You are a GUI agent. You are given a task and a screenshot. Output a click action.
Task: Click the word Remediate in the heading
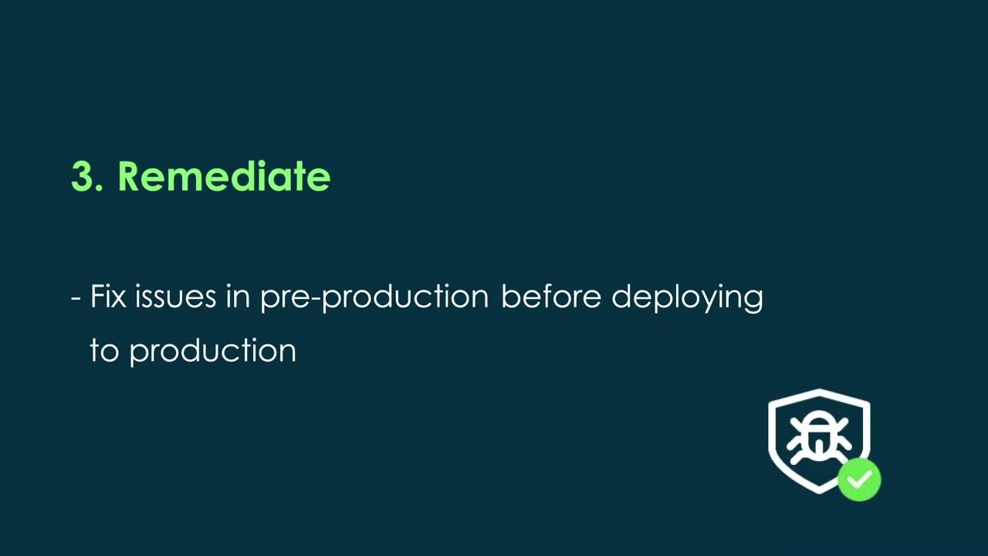(x=224, y=176)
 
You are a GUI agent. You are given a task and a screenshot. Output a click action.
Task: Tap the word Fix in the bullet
(x=108, y=296)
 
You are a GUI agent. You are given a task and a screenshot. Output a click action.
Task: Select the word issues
(x=175, y=296)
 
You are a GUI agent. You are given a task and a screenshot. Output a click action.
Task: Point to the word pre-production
(x=374, y=298)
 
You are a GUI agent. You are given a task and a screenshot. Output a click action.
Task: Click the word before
(x=551, y=296)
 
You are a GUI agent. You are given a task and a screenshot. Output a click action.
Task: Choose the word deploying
(x=687, y=298)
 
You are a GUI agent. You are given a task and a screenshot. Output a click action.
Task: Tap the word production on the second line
(x=212, y=351)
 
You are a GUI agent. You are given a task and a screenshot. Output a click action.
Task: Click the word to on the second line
(x=104, y=351)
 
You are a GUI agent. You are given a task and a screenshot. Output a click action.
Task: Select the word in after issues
(x=239, y=296)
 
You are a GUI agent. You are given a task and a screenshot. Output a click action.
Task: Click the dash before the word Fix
(x=76, y=299)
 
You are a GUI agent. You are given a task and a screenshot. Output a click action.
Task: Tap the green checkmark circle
(x=859, y=480)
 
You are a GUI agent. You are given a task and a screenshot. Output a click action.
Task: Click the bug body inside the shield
(x=819, y=438)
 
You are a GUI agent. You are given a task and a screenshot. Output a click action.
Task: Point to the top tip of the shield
(x=819, y=389)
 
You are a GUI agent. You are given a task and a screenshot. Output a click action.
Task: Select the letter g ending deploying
(x=754, y=300)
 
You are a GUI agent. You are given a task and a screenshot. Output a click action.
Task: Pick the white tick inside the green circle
(x=859, y=480)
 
